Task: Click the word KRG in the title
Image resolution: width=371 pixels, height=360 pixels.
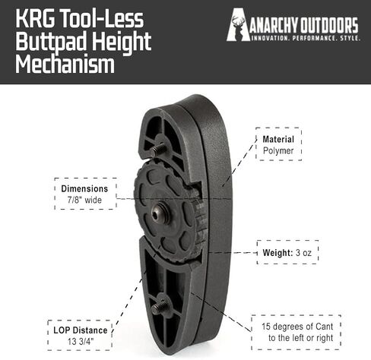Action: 35,18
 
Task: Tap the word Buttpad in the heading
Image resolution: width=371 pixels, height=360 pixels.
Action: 52,42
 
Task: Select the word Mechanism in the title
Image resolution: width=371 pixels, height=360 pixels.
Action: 65,65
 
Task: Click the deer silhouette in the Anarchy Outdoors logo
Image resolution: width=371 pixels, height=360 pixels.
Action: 236,26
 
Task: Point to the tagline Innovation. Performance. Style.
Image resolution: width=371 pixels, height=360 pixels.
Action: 306,39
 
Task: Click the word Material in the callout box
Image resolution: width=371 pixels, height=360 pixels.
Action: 278,139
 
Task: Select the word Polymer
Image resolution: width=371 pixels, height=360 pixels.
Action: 278,150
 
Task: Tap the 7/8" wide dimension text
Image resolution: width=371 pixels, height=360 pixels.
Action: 84,200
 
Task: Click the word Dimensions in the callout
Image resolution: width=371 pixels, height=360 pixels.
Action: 84,188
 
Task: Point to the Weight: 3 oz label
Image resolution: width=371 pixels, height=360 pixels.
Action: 287,252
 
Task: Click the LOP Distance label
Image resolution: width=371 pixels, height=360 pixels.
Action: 81,330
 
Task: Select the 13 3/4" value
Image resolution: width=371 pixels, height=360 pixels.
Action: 81,342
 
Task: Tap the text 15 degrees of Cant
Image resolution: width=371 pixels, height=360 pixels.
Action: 297,327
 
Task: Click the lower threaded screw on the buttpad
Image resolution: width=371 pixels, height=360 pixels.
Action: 159,306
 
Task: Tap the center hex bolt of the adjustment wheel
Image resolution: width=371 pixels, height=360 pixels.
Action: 160,213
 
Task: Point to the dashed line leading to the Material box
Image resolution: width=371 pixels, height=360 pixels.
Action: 239,163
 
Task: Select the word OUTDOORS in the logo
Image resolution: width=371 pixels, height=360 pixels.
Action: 328,25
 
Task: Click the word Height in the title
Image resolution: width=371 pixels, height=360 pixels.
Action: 122,42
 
